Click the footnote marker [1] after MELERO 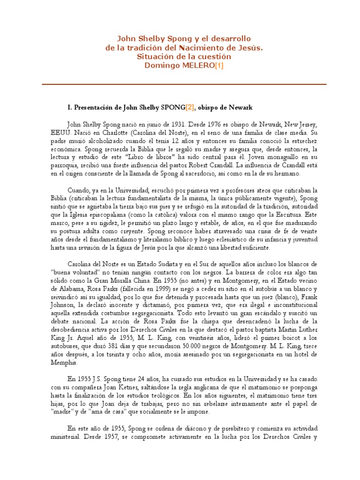click(218, 66)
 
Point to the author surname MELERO click(195, 66)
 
